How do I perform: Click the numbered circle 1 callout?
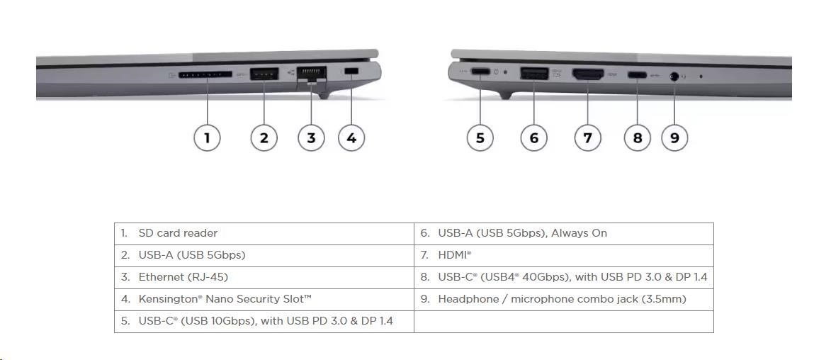[x=207, y=138]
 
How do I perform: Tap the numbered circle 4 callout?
[x=351, y=138]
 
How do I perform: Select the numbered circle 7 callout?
[x=588, y=138]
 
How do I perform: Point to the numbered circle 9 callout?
[x=674, y=138]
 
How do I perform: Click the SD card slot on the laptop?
[x=205, y=74]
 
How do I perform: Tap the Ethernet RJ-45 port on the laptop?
[x=312, y=74]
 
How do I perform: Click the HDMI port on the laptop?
[x=588, y=74]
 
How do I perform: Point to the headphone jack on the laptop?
[x=674, y=77]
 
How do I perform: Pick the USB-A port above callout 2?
[x=264, y=74]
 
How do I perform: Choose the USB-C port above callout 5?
[x=480, y=72]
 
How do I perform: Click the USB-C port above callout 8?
[x=637, y=74]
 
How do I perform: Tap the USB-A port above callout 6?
[x=534, y=73]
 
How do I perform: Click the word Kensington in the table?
[x=170, y=299]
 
